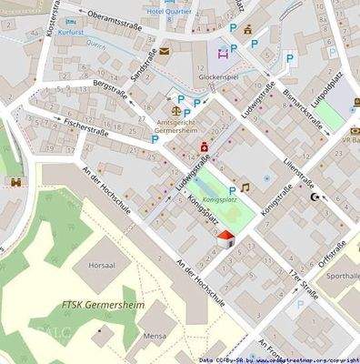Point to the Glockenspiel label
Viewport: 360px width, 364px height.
pyautogui.click(x=218, y=78)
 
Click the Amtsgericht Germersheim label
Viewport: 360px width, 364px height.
pyautogui.click(x=185, y=126)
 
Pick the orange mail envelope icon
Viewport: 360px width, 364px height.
pyautogui.click(x=164, y=52)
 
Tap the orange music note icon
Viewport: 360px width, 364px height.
pyautogui.click(x=245, y=186)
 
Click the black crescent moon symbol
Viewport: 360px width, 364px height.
pyautogui.click(x=315, y=197)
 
